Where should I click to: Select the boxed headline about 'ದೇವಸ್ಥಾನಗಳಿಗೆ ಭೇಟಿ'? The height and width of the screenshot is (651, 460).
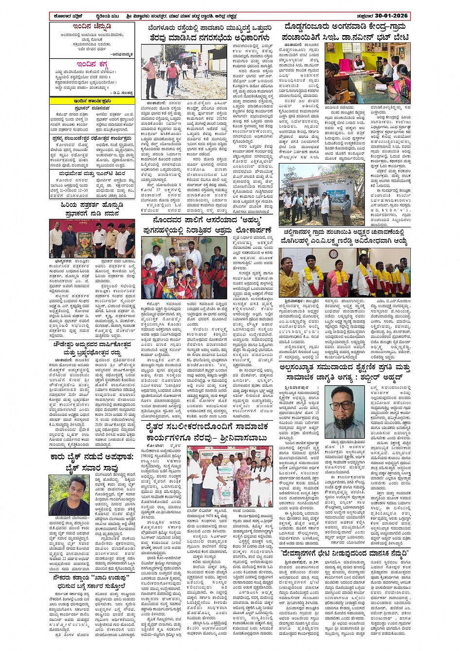(345, 553)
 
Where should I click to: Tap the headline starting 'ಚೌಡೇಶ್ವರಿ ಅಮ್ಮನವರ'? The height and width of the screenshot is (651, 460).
(92, 348)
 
